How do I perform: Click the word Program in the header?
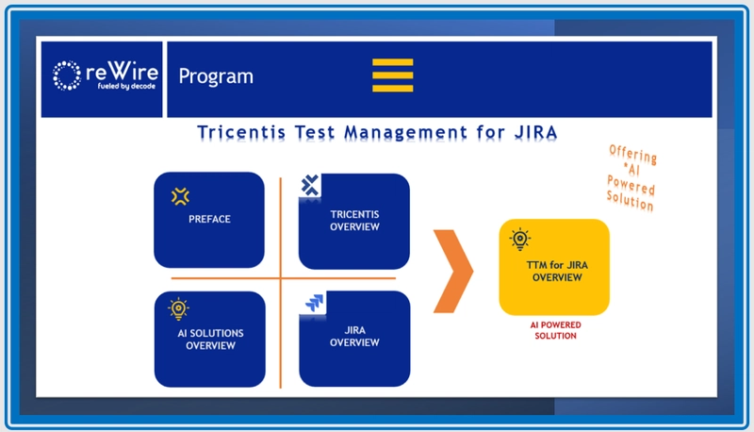(216, 76)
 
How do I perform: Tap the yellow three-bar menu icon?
(392, 75)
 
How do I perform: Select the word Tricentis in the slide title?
(241, 132)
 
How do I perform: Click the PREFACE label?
(209, 220)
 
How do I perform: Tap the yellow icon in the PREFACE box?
(180, 196)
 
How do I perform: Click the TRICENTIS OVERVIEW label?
(354, 221)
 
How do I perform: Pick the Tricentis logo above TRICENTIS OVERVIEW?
(310, 186)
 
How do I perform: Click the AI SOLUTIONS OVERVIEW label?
(210, 340)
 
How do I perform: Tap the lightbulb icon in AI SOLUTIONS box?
(178, 308)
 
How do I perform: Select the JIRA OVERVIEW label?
(354, 337)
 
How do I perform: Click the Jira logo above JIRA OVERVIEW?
(314, 303)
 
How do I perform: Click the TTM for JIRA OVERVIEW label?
(557, 272)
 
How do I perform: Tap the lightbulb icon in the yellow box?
(520, 239)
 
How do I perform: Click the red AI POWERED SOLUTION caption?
(555, 330)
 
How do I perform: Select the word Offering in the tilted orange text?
(632, 155)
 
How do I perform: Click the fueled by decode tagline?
(126, 86)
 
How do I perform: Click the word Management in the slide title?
(405, 132)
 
